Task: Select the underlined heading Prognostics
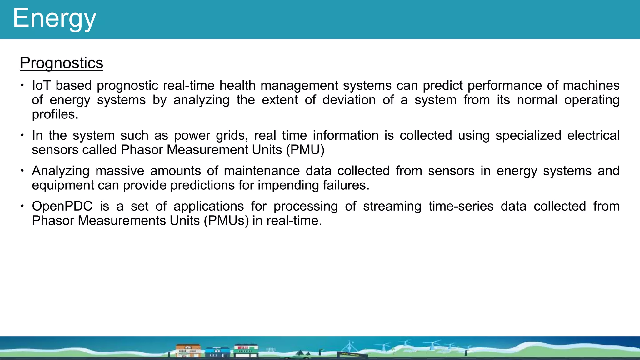point(62,63)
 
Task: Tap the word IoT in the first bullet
point(41,86)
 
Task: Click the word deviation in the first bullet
point(349,100)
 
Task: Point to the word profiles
point(55,115)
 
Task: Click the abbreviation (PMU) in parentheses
point(305,150)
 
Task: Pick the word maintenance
point(262,171)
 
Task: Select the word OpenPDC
point(62,206)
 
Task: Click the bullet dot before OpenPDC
point(22,206)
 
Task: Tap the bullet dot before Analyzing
point(22,171)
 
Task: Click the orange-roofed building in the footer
point(188,351)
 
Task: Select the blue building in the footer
point(217,352)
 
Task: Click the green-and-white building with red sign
point(246,350)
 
